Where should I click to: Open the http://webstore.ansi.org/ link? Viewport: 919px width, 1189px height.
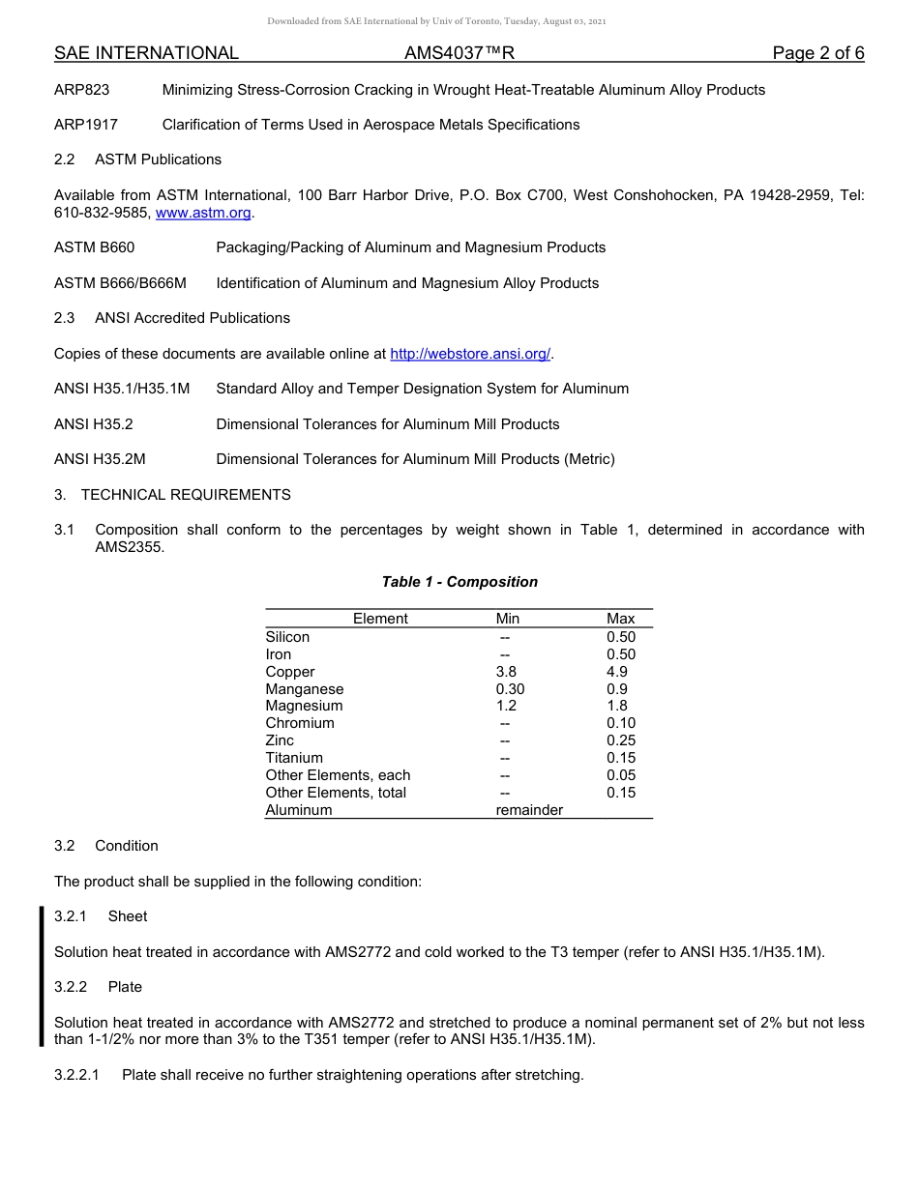point(470,354)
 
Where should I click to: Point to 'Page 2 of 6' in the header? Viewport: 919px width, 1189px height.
point(817,53)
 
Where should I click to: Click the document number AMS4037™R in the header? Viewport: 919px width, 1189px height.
point(459,53)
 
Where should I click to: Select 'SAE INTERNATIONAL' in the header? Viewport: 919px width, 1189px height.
point(146,53)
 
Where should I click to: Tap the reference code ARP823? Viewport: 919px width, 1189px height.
point(82,90)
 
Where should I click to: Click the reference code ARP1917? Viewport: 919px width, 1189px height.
point(86,125)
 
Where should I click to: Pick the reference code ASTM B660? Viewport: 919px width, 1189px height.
point(95,247)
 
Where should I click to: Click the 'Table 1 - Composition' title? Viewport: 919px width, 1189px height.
point(459,582)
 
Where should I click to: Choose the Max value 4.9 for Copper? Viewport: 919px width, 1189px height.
point(617,672)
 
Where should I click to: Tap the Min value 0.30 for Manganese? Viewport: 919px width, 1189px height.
point(510,689)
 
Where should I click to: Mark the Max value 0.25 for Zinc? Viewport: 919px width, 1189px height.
point(621,740)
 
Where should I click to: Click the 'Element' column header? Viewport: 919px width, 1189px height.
point(380,619)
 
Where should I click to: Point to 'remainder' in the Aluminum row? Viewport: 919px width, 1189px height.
point(529,810)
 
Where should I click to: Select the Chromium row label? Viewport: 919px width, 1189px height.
point(300,723)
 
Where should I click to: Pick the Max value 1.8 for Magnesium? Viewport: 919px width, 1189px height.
point(617,706)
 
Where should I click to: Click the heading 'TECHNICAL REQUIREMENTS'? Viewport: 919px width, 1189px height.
point(186,495)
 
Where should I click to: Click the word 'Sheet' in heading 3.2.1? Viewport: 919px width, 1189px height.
point(128,916)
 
